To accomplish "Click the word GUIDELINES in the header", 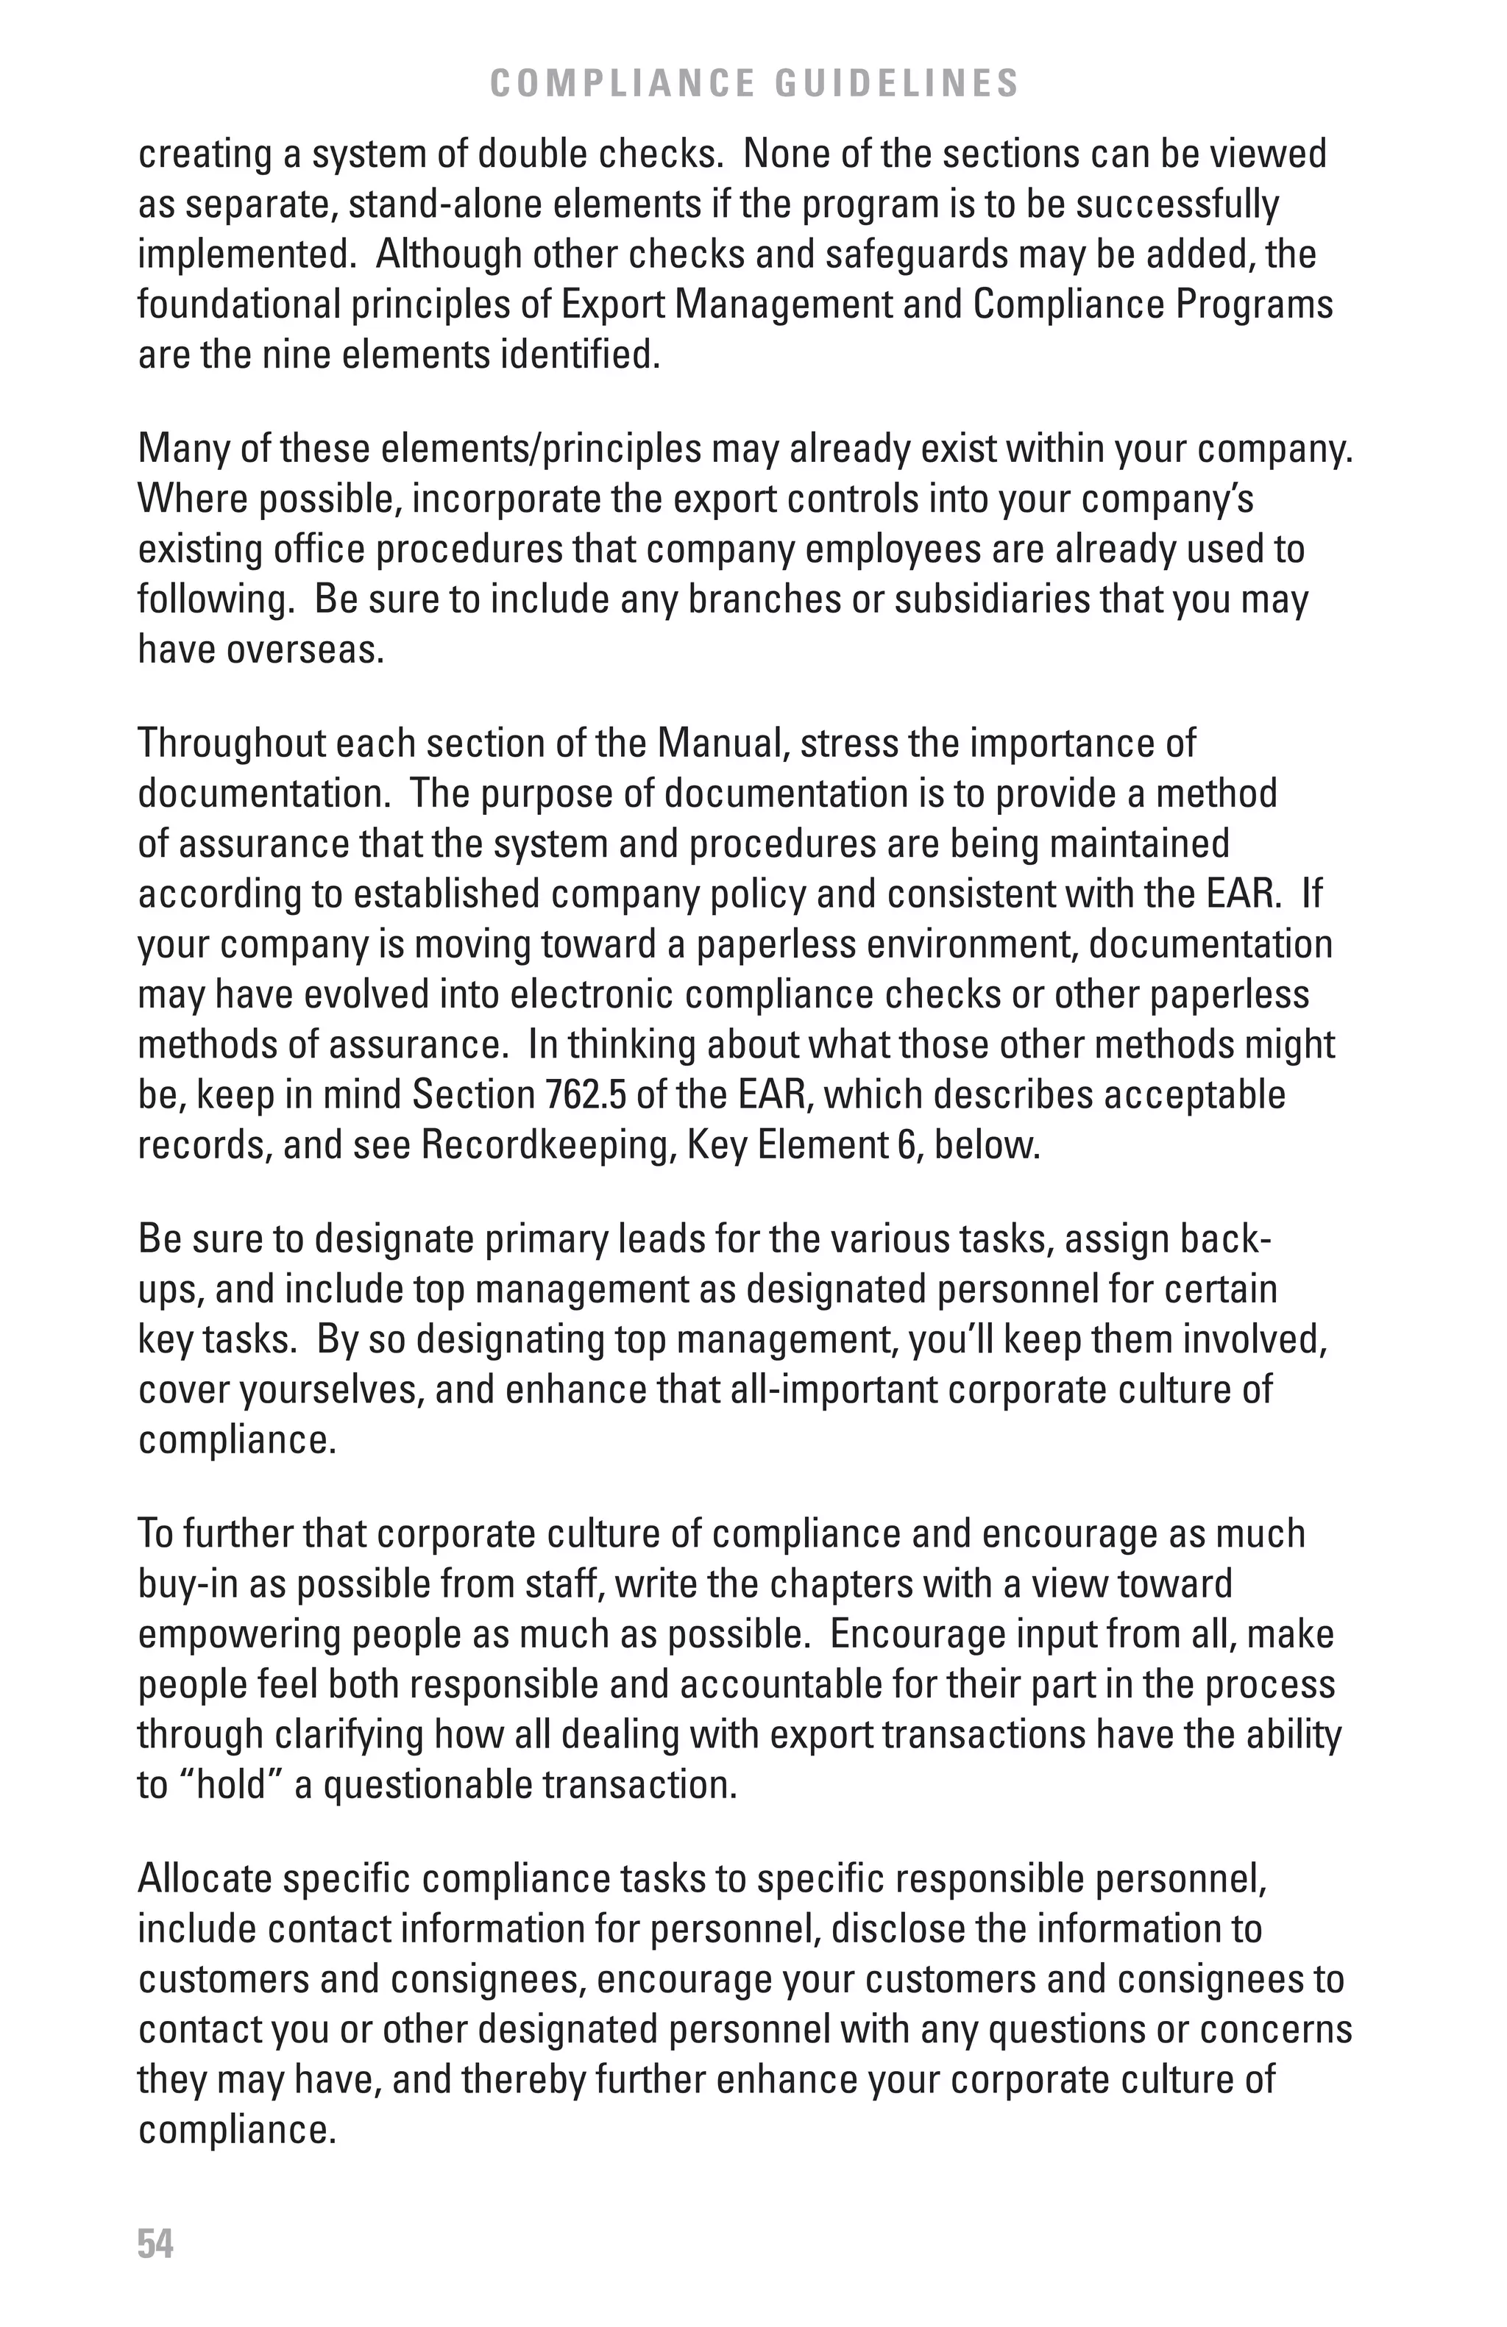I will click(x=897, y=84).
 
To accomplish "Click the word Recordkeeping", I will click(x=545, y=1145).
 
